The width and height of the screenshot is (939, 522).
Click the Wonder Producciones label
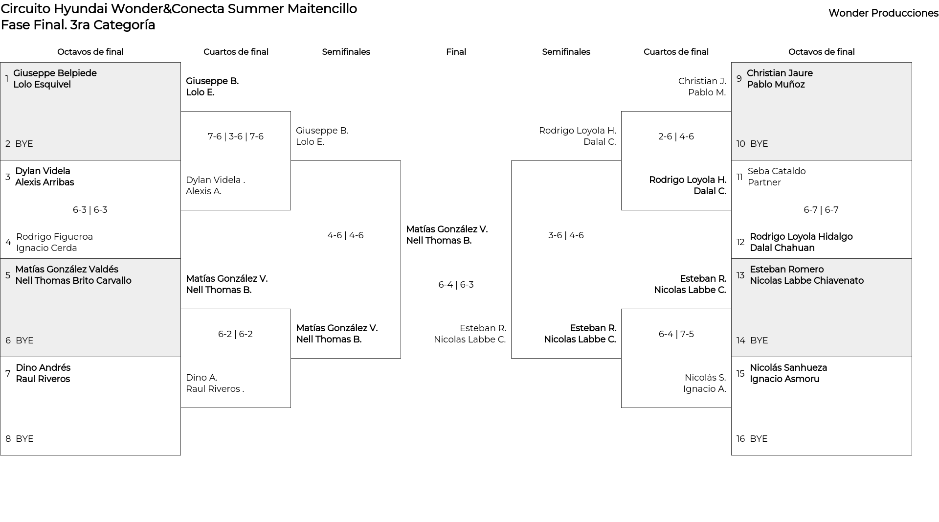click(x=883, y=13)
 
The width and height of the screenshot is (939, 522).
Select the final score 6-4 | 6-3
click(x=456, y=285)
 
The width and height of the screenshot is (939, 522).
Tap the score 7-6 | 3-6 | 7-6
click(x=235, y=136)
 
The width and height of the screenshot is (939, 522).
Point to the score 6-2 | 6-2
click(x=235, y=334)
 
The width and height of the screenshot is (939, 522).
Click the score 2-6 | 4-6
click(x=676, y=136)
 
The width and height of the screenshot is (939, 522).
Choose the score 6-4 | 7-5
click(x=676, y=334)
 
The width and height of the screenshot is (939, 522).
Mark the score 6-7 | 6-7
click(x=821, y=210)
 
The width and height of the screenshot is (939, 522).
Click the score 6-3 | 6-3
click(x=90, y=210)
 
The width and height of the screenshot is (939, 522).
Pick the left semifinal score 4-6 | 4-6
click(x=345, y=235)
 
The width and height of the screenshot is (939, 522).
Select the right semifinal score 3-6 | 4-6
click(x=566, y=235)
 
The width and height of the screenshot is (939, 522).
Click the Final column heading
click(x=456, y=52)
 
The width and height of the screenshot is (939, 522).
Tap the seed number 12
click(x=740, y=242)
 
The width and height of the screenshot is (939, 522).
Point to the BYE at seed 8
click(x=24, y=439)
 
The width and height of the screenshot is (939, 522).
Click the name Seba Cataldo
click(x=777, y=171)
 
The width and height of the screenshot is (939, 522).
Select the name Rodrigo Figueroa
click(x=54, y=237)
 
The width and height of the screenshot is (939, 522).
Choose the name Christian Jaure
click(x=780, y=73)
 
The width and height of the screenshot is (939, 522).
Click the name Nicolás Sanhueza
click(x=788, y=368)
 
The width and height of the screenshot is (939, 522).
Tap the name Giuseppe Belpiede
click(x=55, y=73)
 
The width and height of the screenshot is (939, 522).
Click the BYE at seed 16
click(x=759, y=439)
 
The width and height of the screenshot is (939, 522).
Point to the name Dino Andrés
click(x=43, y=368)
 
